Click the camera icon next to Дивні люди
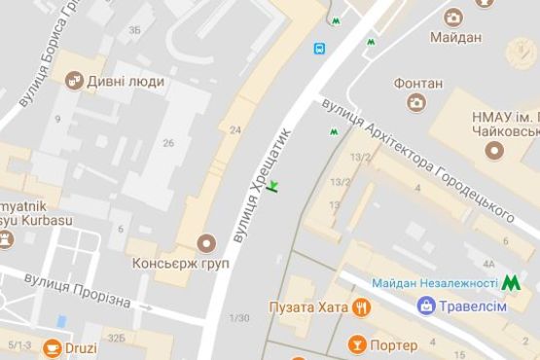72,81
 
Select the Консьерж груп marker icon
204,242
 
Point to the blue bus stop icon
318,48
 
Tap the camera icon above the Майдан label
452,17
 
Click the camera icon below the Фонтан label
416,102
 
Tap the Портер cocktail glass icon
356,345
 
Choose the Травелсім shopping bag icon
426,306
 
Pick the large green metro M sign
511,283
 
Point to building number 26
168,143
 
